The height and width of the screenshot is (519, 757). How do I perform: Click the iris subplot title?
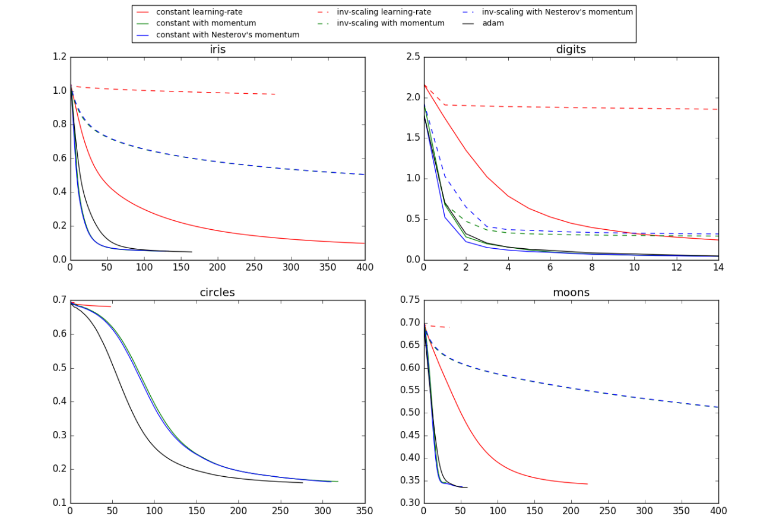(x=217, y=50)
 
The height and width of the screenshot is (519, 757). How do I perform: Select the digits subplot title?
(x=571, y=50)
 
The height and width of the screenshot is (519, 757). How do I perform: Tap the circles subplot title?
(x=217, y=293)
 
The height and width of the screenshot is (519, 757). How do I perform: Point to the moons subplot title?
(x=571, y=293)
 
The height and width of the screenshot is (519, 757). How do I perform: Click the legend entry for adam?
(x=493, y=23)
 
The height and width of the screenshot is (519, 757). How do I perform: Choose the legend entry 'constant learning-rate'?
(x=199, y=12)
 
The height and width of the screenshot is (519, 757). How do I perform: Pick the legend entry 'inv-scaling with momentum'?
(x=390, y=23)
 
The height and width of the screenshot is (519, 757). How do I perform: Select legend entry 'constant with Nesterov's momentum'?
(x=227, y=35)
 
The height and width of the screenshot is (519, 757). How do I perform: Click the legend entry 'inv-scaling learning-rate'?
(x=384, y=12)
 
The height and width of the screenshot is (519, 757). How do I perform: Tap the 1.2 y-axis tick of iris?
(x=60, y=57)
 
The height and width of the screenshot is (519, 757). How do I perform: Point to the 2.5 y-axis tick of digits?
(x=413, y=57)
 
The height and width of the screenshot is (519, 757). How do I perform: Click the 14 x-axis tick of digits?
(x=718, y=268)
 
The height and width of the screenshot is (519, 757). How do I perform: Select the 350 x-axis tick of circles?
(x=365, y=511)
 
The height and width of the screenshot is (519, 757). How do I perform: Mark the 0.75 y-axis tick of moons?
(x=410, y=300)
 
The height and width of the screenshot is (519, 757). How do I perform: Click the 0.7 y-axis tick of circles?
(x=60, y=300)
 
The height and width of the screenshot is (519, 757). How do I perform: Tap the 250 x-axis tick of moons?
(x=607, y=511)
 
